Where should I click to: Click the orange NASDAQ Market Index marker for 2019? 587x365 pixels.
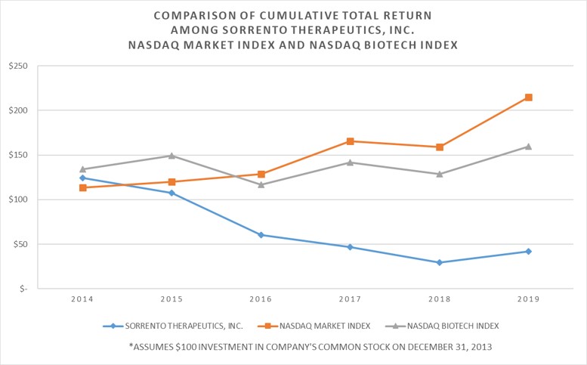[x=529, y=97]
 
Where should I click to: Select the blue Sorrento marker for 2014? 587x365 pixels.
[x=82, y=178]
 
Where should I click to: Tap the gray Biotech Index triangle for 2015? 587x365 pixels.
[x=171, y=156]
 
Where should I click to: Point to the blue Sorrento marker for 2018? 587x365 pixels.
[x=440, y=262]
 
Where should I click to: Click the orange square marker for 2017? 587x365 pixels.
[x=351, y=141]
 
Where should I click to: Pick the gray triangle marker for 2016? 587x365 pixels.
[x=261, y=184]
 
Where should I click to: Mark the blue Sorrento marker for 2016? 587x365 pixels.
[x=261, y=235]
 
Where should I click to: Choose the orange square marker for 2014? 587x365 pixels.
[x=82, y=187]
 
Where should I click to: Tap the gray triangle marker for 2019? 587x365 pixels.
[x=529, y=147]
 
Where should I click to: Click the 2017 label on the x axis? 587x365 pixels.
[x=351, y=300]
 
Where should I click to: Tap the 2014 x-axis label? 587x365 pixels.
[x=82, y=300]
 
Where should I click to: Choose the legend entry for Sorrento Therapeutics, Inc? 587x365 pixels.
[x=178, y=326]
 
